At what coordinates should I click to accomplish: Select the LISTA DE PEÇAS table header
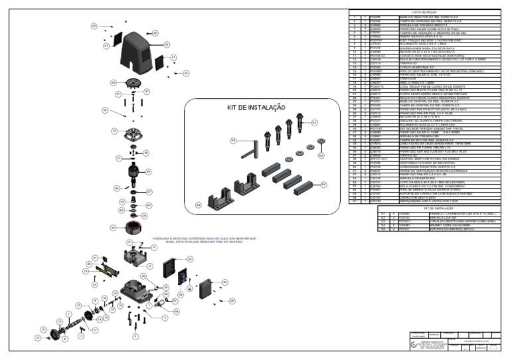tap(424, 12)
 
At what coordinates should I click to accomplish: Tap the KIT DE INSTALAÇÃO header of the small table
tap(424, 208)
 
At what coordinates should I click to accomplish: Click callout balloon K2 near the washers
tap(321, 155)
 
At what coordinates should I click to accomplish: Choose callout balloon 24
tap(224, 282)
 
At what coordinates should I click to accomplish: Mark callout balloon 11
tap(80, 337)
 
